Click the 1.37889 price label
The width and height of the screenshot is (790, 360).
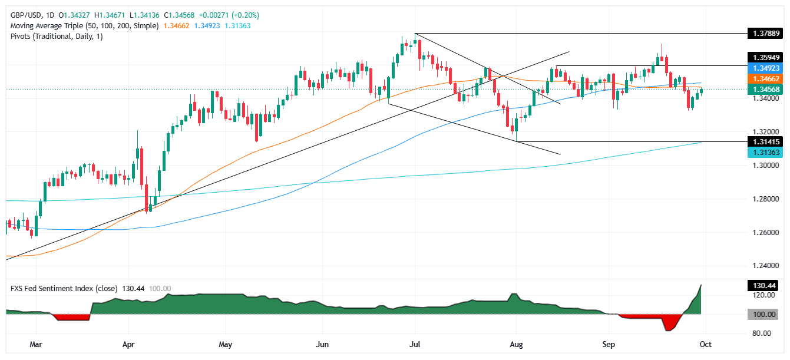click(763, 33)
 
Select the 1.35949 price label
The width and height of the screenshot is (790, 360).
click(763, 58)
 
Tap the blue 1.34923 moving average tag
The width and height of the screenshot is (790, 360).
click(763, 68)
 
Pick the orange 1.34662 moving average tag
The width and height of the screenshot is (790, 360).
click(763, 79)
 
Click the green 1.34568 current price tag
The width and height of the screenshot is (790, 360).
click(763, 90)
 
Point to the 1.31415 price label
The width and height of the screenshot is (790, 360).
click(763, 142)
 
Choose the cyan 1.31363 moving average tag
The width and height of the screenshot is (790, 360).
click(763, 153)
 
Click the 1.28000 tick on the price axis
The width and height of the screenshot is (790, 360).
click(763, 199)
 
